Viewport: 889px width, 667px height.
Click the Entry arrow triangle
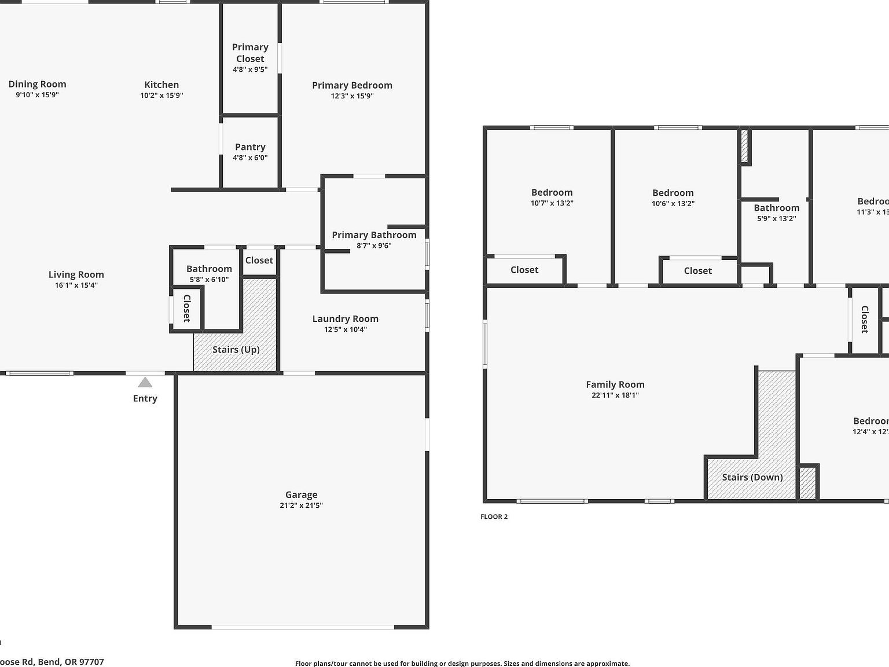pos(145,382)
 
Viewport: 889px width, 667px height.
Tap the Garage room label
pos(301,494)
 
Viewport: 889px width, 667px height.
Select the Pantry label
pos(250,147)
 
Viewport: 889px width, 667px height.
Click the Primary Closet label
pos(250,53)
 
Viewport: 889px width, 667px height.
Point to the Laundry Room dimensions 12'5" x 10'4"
pos(345,329)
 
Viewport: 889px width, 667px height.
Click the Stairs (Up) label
pos(236,349)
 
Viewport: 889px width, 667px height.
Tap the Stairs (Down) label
pos(752,477)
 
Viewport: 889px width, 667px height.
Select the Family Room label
pos(615,384)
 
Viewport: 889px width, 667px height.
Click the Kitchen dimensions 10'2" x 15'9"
pos(161,96)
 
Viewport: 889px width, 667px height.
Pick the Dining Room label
pos(37,84)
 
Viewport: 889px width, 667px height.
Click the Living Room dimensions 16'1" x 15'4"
pos(76,285)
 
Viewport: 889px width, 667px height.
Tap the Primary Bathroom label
pos(374,234)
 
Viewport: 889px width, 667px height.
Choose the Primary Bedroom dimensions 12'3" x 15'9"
pos(352,96)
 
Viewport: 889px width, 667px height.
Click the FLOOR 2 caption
pos(494,516)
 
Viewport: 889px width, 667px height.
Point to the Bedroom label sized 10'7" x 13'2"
pos(552,192)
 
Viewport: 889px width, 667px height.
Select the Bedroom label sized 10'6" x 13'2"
pos(673,193)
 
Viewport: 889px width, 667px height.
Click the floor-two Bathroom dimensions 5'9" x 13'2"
pos(776,218)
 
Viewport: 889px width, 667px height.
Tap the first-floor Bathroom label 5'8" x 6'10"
pos(209,269)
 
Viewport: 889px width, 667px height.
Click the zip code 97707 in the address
pos(91,661)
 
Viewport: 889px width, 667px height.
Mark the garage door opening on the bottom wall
pos(302,627)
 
